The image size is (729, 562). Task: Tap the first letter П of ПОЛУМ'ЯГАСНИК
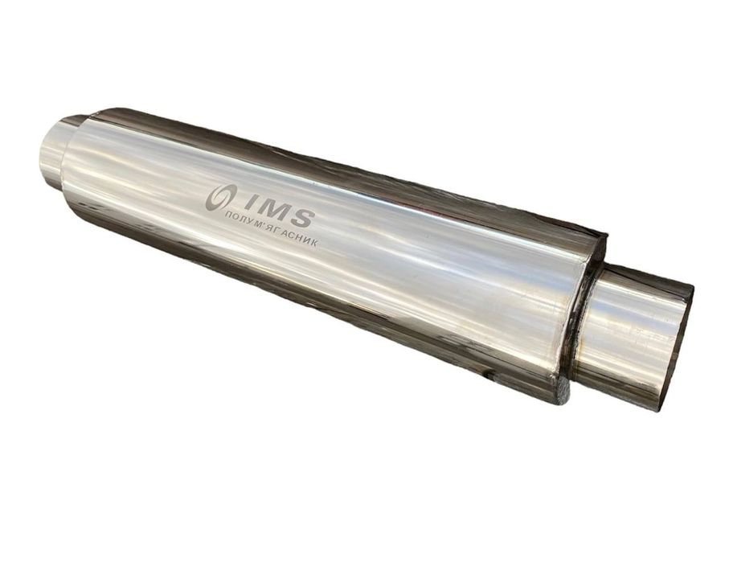pos(228,217)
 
